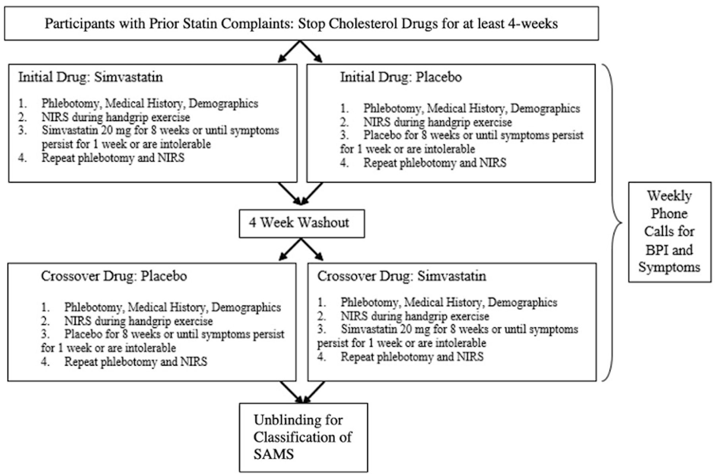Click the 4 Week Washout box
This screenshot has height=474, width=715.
[x=301, y=224]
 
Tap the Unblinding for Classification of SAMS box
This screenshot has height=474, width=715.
[x=303, y=437]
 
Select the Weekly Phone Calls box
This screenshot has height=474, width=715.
[x=669, y=232]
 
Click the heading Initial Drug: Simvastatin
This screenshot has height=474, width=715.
[x=91, y=77]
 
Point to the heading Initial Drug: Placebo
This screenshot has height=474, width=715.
[x=400, y=77]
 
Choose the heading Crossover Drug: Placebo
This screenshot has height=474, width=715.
[x=114, y=276]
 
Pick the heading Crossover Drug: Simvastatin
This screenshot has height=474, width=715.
[x=401, y=276]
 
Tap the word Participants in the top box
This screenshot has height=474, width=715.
[x=73, y=23]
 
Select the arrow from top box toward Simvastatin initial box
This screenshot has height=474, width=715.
[x=289, y=52]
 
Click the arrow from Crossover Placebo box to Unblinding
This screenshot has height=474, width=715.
[x=291, y=392]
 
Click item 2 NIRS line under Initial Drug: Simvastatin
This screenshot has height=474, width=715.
[x=115, y=117]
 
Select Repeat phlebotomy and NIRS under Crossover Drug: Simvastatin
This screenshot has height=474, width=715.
[x=412, y=356]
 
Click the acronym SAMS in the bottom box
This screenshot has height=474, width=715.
[x=273, y=454]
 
